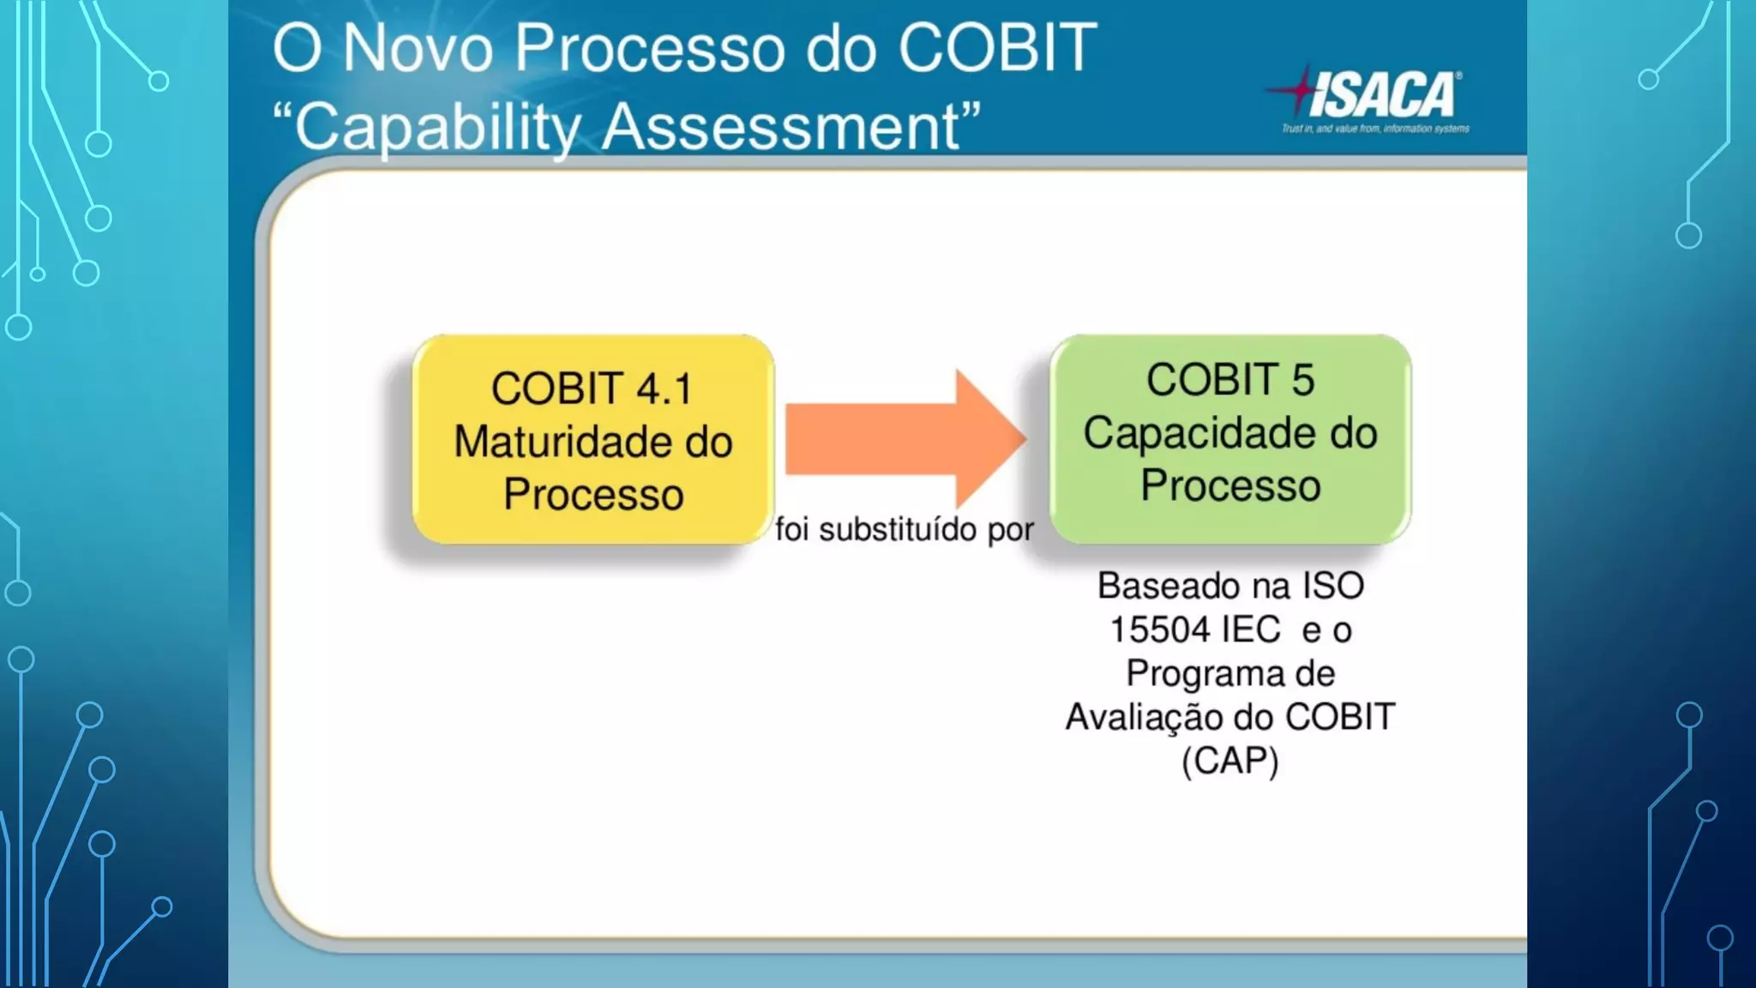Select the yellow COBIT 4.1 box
tap(592, 439)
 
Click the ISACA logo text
tap(1383, 94)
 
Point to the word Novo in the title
tap(418, 48)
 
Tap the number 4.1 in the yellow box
tap(664, 389)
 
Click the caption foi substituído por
tap(905, 529)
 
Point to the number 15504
tap(1159, 630)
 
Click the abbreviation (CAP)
tap(1230, 761)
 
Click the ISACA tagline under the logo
tap(1375, 129)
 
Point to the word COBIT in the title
tap(996, 48)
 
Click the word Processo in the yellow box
tap(592, 495)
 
